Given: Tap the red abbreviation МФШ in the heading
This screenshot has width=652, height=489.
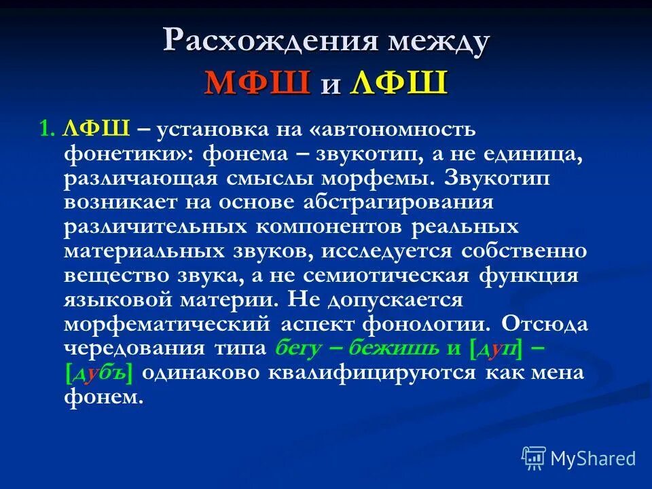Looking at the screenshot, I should [x=257, y=84].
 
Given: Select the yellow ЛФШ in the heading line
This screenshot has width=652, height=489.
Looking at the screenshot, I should [x=399, y=84].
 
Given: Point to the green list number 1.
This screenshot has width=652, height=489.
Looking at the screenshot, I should [x=45, y=130].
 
